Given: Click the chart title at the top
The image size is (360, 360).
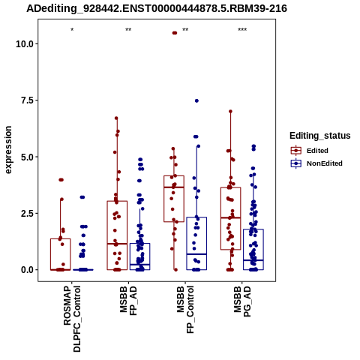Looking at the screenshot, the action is (x=157, y=8).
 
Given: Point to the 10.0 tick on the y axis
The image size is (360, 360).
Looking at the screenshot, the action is (x=25, y=44).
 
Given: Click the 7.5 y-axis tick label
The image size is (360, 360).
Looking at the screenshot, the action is (x=28, y=100).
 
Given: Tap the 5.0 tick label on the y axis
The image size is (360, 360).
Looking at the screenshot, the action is (x=28, y=157).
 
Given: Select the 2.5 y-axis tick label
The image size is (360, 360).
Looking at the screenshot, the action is (x=28, y=214).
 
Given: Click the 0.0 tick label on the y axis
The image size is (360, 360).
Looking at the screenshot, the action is (x=28, y=270).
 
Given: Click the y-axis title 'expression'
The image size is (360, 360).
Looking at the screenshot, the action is (x=8, y=150).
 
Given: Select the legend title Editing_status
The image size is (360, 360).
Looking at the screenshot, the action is (x=320, y=136).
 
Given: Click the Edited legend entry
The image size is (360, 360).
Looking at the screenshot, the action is (x=310, y=151).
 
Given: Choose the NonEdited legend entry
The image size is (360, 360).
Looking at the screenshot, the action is (x=316, y=163).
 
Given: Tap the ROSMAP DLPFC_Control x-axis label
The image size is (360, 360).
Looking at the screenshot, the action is (x=72, y=319).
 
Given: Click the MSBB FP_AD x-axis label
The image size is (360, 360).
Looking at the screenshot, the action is (x=129, y=301).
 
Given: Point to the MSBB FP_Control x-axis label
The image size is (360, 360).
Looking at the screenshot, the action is (x=185, y=310).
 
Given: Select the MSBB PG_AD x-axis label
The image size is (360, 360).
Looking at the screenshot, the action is (x=242, y=301).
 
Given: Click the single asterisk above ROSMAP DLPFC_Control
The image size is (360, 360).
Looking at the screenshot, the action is (x=72, y=30).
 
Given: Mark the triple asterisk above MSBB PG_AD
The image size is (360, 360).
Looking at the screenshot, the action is (x=242, y=30).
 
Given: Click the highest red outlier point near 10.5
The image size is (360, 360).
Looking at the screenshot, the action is (x=175, y=33).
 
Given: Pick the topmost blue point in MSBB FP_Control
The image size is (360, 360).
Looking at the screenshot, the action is (x=196, y=100).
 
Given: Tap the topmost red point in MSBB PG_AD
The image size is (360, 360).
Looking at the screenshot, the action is (x=230, y=112).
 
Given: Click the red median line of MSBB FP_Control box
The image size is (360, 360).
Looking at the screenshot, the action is (x=174, y=187).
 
